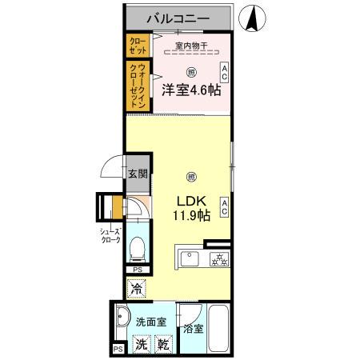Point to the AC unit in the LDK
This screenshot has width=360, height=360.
point(225,207)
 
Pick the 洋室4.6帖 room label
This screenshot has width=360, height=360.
point(191,91)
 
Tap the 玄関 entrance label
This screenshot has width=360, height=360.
point(137,174)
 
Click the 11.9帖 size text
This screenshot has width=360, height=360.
point(191,216)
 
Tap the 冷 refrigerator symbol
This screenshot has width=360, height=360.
point(137,287)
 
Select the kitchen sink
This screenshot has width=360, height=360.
point(190,258)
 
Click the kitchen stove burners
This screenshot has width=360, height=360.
point(218,258)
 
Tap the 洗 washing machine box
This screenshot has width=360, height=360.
point(141,345)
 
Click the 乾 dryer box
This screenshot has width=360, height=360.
point(162,345)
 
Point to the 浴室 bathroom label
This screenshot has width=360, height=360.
point(193,328)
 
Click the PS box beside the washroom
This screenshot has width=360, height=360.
point(118,350)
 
